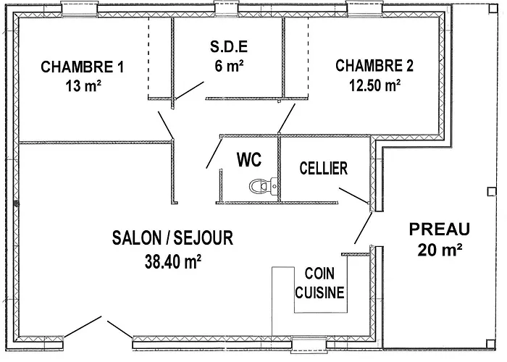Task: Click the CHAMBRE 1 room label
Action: point(82,67)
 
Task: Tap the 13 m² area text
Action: point(82,85)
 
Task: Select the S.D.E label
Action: point(229,47)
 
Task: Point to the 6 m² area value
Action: point(229,65)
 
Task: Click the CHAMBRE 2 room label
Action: point(374,66)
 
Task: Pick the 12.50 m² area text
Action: point(374,85)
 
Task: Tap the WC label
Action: point(248,159)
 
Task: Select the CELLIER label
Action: point(324,168)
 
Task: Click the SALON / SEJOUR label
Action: point(172,238)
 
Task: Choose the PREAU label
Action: point(440,230)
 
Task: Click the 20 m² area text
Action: point(440,251)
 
